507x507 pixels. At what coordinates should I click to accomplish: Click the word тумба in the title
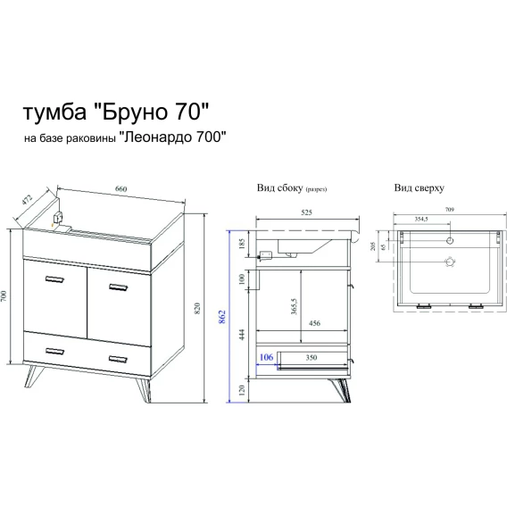tap(55, 112)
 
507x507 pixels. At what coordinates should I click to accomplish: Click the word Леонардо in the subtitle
tap(158, 137)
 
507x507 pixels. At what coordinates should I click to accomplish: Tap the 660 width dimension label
tap(121, 189)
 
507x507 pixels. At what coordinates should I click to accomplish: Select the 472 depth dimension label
tap(28, 200)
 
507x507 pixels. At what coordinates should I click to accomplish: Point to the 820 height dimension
tap(197, 308)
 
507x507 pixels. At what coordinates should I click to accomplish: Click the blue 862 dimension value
tap(222, 317)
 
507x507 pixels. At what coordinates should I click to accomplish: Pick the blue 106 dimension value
tap(266, 357)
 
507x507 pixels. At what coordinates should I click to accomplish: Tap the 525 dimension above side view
tap(306, 212)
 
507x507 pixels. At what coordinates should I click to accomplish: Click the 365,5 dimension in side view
tap(294, 306)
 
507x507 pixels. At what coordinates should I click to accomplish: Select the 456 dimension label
tap(314, 323)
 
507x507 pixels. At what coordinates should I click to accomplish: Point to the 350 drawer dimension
tap(311, 358)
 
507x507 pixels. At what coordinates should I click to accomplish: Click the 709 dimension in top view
tap(450, 210)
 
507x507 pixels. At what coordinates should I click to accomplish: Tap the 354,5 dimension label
tap(421, 219)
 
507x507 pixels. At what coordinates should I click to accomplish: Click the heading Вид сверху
tap(419, 187)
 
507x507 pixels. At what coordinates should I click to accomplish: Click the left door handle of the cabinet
tap(54, 279)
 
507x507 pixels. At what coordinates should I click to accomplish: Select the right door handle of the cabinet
tap(119, 287)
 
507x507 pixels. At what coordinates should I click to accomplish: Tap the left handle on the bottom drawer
tap(54, 351)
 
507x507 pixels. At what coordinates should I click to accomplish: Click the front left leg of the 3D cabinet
tap(33, 376)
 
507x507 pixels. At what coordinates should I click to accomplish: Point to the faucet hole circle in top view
tap(450, 240)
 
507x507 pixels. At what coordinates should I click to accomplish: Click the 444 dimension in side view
tap(243, 335)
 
